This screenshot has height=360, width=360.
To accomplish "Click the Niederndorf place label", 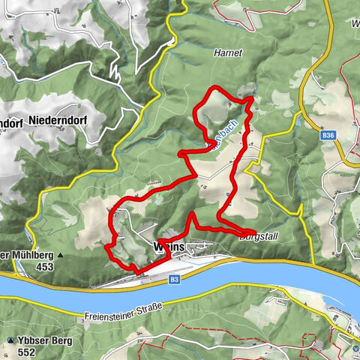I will tap(60, 119).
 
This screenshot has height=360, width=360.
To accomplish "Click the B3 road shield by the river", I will tap(175, 279).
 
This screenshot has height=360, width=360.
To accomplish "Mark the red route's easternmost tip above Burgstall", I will tap(255, 232).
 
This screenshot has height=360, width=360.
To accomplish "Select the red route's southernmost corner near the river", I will tap(135, 270).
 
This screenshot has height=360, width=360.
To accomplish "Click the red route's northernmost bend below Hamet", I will tap(217, 90).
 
